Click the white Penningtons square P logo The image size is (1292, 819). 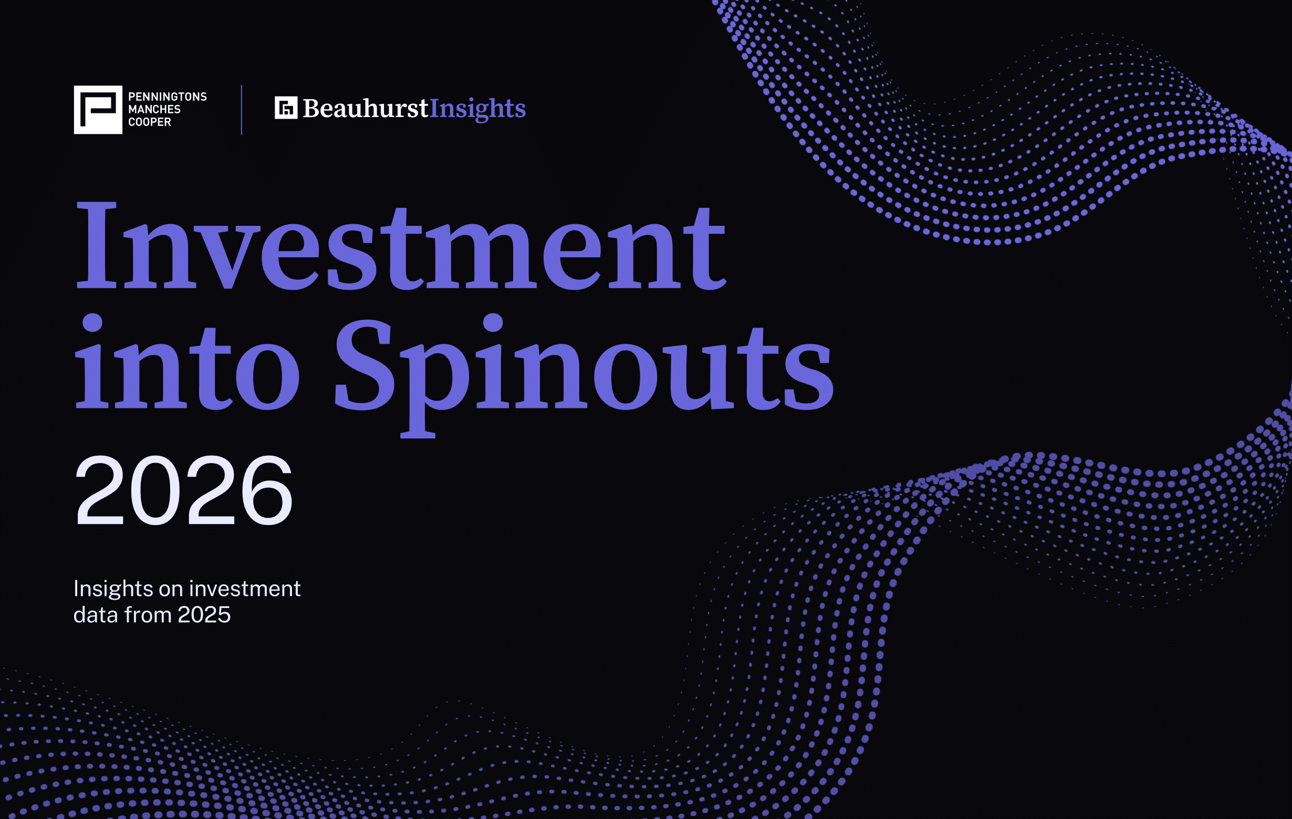[98, 109]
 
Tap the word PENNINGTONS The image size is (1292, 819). [168, 97]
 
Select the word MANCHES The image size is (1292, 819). [154, 109]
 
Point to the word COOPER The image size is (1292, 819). [150, 122]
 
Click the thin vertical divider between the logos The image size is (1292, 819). [242, 109]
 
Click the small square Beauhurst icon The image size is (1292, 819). [286, 108]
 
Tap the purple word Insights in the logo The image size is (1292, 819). [477, 109]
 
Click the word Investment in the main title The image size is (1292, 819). [401, 246]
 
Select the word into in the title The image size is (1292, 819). [187, 362]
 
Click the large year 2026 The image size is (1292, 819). [184, 490]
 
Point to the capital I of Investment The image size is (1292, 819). [96, 246]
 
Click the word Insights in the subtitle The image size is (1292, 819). [113, 589]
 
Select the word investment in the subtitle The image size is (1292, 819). [245, 589]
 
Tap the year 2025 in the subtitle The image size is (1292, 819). [204, 615]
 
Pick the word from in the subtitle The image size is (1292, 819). [148, 615]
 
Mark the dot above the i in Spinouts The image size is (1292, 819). [493, 323]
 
